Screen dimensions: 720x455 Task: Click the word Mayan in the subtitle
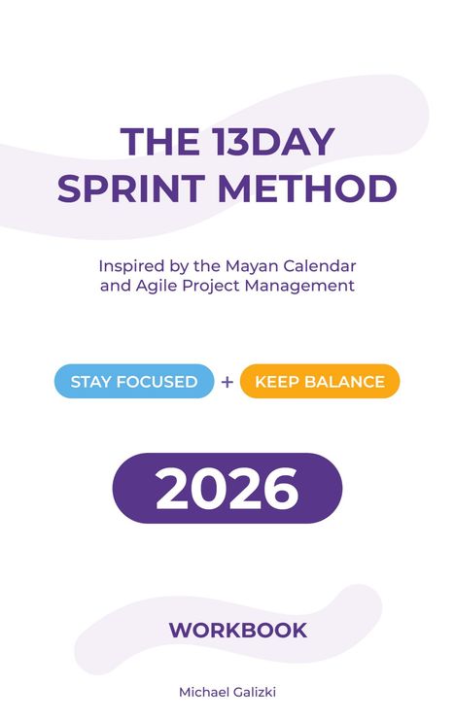click(x=226, y=265)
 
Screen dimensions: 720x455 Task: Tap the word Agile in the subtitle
click(x=153, y=287)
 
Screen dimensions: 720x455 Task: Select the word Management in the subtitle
click(x=304, y=287)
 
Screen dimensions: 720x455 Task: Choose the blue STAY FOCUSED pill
click(x=133, y=382)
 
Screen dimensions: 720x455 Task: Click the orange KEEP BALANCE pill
click(x=320, y=382)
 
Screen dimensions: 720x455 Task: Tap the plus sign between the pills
click(x=227, y=382)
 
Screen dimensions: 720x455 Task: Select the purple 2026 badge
click(x=227, y=489)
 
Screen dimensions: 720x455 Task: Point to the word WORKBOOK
click(x=238, y=630)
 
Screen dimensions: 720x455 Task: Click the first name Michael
click(x=201, y=692)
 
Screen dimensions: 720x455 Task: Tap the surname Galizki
click(x=253, y=692)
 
